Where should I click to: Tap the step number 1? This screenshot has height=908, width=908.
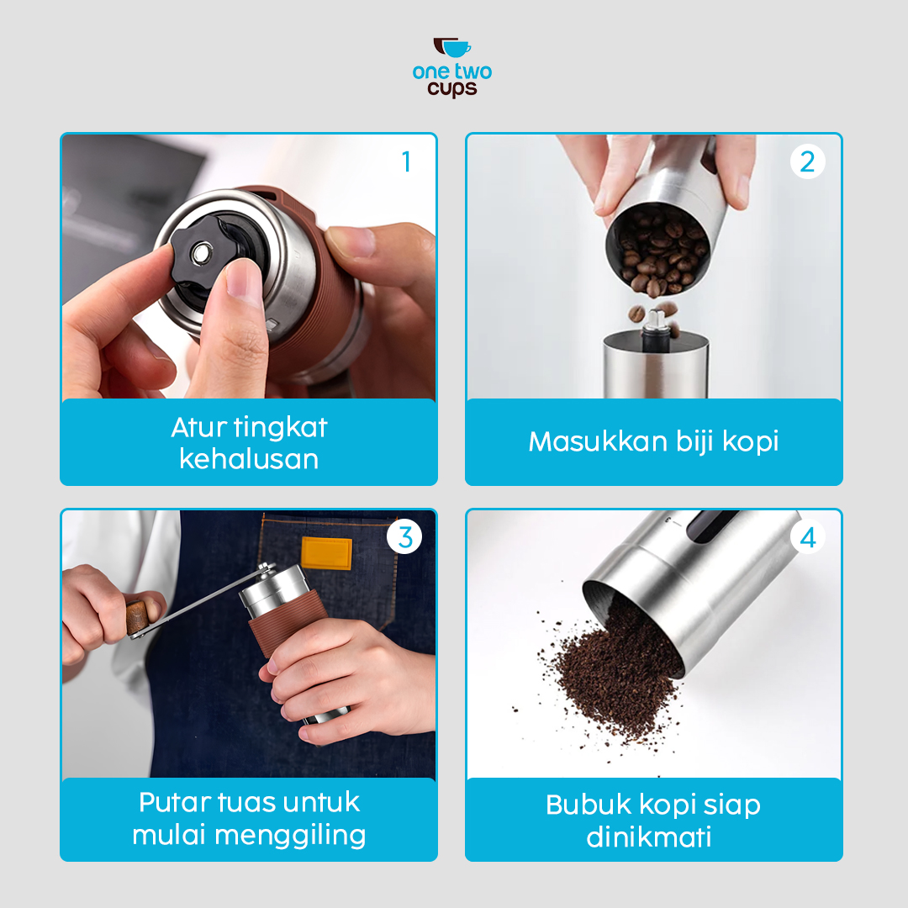[406, 161]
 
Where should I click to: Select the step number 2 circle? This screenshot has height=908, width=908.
[807, 161]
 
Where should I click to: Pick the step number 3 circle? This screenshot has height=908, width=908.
[405, 537]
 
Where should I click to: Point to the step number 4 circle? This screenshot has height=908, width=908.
[807, 537]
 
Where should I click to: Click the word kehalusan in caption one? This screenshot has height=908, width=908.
[249, 460]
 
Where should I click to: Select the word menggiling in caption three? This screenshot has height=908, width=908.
[290, 836]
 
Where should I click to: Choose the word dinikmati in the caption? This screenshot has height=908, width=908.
[649, 837]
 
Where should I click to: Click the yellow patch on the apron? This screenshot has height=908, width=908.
[326, 553]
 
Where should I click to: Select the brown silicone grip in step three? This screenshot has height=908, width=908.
[286, 620]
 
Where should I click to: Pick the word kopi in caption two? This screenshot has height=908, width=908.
[749, 441]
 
